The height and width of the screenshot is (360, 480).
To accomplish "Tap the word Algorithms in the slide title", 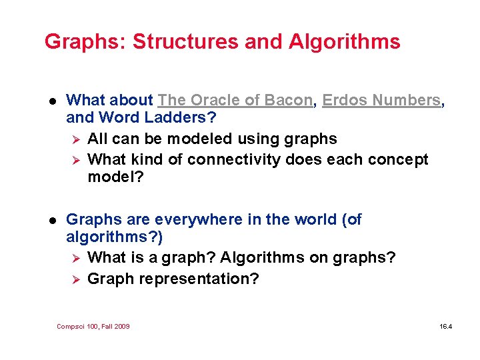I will click(344, 42).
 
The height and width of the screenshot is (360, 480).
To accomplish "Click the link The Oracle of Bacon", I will click(235, 101).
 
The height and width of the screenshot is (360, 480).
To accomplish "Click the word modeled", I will click(203, 139).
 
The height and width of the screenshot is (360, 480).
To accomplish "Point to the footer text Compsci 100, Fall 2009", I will click(93, 326).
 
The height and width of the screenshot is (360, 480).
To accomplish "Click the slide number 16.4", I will click(445, 326).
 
